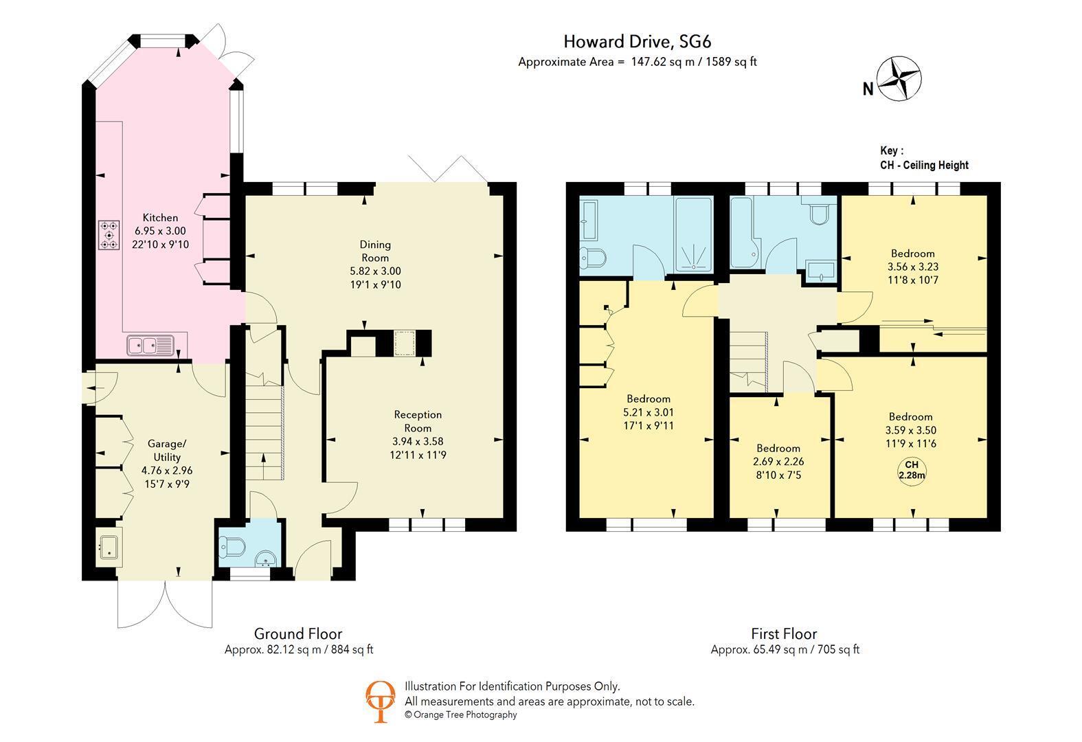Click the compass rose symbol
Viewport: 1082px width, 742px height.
point(899,79)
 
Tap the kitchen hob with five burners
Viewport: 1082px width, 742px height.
point(109,235)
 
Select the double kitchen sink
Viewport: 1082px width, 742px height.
point(150,346)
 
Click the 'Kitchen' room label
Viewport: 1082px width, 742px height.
point(160,218)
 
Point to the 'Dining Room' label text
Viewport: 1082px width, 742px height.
point(375,251)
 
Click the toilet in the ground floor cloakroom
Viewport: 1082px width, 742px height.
point(233,548)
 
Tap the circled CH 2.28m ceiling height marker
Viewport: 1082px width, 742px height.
point(912,470)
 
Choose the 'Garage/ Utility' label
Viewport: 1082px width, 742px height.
point(167,450)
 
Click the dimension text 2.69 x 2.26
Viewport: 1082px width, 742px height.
point(778,462)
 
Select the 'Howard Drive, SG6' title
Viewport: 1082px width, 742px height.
point(637,41)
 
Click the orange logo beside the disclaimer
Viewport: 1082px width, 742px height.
point(380,701)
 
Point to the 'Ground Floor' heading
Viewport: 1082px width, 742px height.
point(298,633)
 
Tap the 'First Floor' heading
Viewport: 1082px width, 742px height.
point(784,633)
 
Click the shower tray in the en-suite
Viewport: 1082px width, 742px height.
point(694,235)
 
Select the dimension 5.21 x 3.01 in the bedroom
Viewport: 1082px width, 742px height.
point(649,412)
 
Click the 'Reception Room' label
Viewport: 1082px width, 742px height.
point(418,421)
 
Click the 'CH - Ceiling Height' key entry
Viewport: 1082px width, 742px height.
point(924,165)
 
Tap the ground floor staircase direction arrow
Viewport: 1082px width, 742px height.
point(263,466)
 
